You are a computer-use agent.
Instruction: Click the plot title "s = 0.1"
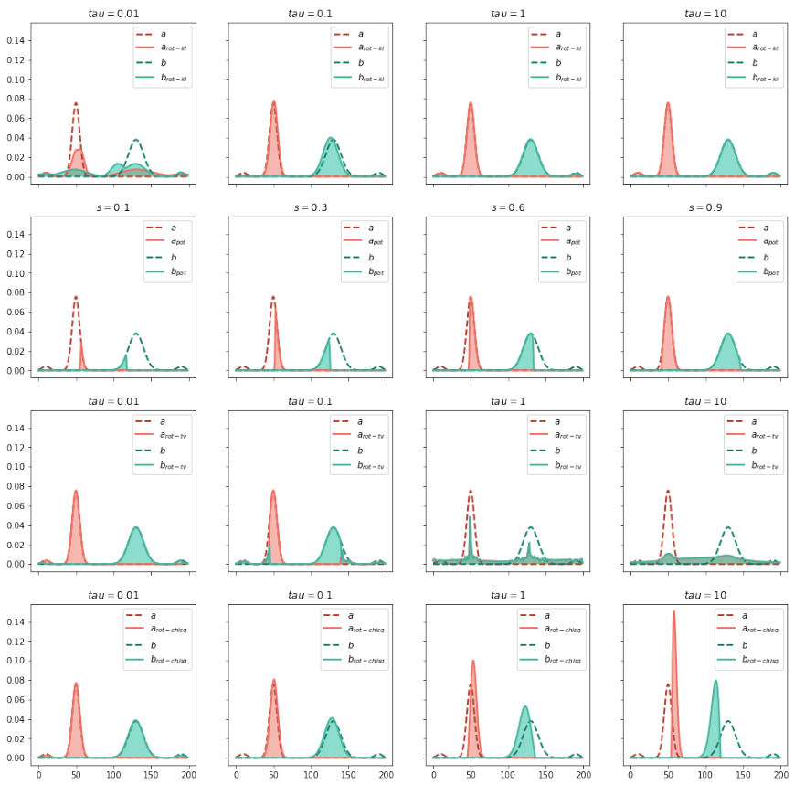coord(112,207)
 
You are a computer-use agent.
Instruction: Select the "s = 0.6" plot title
coord(507,207)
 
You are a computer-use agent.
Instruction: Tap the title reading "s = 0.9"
coord(704,207)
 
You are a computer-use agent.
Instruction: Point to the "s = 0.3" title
coord(310,207)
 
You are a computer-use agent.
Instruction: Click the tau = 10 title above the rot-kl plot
coord(704,14)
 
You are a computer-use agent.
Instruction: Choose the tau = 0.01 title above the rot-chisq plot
coord(112,595)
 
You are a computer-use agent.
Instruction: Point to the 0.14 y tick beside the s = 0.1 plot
coord(16,235)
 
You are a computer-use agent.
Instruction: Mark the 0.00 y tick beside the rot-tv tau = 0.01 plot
coord(16,564)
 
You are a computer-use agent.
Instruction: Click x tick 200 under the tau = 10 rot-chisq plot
coord(780,774)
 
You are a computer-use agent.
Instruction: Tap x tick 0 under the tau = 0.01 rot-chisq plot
coord(38,774)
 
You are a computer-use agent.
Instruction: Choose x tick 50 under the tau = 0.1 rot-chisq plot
coord(273,774)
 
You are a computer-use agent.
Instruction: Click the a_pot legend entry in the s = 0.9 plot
coord(751,242)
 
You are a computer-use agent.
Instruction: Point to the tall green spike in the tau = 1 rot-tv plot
coord(470,519)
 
